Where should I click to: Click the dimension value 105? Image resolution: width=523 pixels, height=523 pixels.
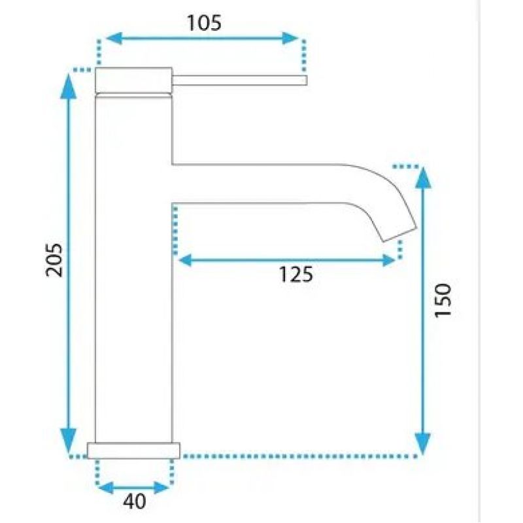click(204, 23)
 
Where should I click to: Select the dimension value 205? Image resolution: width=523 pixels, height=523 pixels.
click(54, 260)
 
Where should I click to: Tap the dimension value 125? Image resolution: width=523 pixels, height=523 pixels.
click(296, 275)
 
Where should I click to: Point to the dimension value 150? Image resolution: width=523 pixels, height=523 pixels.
click(443, 301)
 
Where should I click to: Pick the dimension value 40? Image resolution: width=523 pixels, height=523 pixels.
click(135, 501)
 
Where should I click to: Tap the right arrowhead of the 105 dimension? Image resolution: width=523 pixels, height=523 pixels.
click(290, 39)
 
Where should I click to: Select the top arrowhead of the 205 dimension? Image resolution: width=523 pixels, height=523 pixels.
click(69, 86)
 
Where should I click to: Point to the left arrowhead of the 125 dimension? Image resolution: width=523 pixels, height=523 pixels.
click(186, 260)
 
